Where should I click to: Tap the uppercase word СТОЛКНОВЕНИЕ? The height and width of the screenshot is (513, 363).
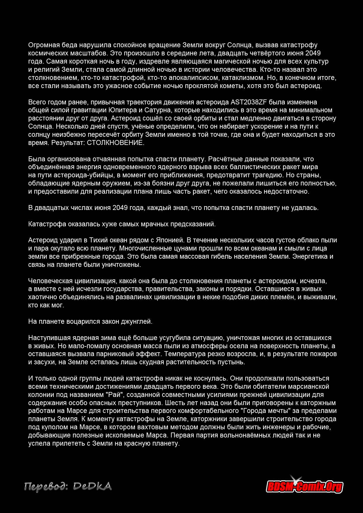pyautogui.click(x=116, y=143)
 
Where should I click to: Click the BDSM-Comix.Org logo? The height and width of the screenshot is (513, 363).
pyautogui.click(x=304, y=486)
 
